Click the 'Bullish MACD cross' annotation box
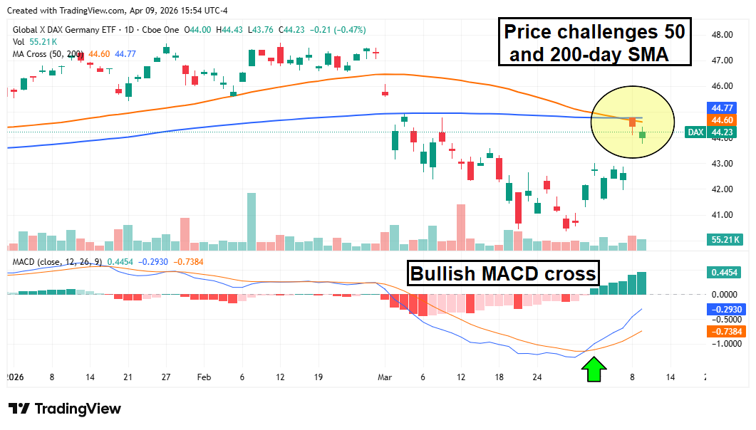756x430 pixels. [x=503, y=274]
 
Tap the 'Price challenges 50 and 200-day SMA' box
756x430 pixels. [x=594, y=42]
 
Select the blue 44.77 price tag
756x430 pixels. [x=725, y=107]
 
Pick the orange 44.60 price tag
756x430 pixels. [x=725, y=120]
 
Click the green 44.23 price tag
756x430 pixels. [x=725, y=132]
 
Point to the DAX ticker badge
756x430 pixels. [x=695, y=132]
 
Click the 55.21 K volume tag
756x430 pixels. [x=725, y=240]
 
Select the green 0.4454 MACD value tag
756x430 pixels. [x=725, y=272]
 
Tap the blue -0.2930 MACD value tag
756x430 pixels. [x=725, y=310]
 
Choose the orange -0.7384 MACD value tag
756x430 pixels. [x=725, y=332]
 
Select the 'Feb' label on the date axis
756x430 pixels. [x=203, y=377]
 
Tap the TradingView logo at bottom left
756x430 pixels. [x=65, y=409]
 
